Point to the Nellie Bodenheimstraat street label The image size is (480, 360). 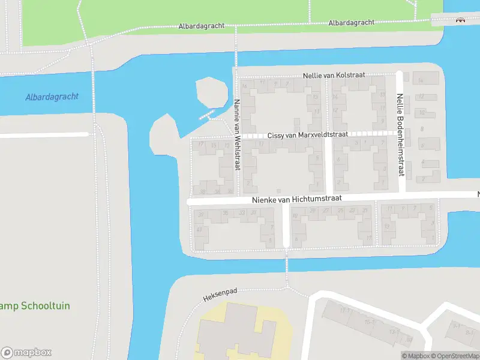[400, 134]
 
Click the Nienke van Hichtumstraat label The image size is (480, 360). [297, 198]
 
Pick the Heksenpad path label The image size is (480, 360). [220, 295]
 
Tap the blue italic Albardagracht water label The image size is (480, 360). [52, 97]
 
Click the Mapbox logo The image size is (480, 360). [26, 352]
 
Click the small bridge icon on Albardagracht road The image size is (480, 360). [461, 20]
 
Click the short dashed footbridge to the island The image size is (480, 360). [207, 114]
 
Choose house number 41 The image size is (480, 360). [199, 230]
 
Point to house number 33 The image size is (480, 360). [242, 212]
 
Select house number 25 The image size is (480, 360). [340, 210]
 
